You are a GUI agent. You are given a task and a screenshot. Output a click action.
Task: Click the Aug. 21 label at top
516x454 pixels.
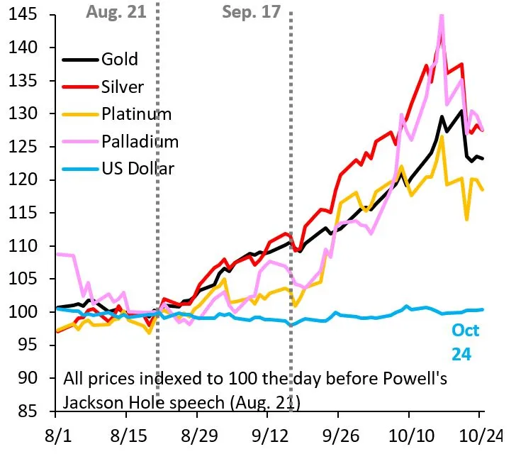click(x=115, y=12)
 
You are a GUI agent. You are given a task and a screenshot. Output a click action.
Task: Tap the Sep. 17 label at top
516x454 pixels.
click(x=251, y=12)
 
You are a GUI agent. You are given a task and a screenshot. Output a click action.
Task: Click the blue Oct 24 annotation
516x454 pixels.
click(x=466, y=342)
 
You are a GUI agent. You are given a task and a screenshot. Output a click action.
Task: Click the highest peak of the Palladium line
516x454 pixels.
click(x=442, y=16)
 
